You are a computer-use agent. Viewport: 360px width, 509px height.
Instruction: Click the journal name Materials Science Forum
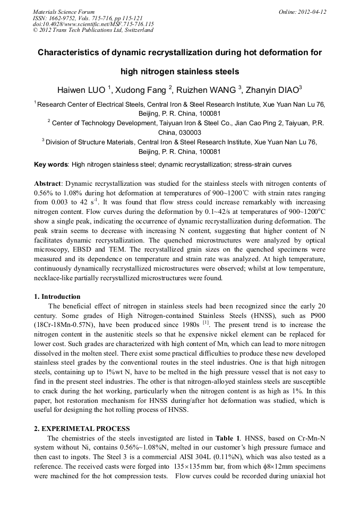point(64,12)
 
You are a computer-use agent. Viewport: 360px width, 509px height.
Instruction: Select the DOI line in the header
point(93,24)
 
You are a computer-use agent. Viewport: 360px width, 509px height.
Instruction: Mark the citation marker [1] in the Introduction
point(206,323)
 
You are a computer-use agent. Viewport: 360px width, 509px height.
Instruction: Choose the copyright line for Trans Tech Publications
point(93,30)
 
